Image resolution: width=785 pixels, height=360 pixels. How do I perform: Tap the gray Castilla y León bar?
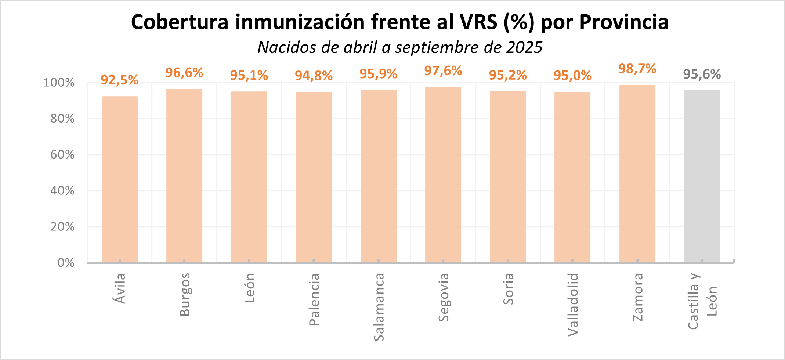702,176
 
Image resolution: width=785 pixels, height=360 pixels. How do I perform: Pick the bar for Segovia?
443,174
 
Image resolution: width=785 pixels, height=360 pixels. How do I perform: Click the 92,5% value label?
120,80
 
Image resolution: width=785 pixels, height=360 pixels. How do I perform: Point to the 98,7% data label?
637,69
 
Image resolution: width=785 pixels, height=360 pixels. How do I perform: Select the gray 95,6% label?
702,74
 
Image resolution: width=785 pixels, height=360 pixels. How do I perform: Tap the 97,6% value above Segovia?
443,71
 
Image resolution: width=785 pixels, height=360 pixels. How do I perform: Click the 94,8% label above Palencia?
314,76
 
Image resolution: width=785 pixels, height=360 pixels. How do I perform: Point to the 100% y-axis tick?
59,83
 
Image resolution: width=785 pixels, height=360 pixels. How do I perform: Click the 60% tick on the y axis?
62,154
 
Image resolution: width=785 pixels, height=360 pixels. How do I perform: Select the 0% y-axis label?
66,263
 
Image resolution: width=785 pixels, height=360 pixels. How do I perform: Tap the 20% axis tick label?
62,227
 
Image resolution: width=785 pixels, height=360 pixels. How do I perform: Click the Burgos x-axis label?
185,294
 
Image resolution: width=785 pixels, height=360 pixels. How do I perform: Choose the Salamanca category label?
379,307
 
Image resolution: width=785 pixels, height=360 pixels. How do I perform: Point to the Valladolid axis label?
573,305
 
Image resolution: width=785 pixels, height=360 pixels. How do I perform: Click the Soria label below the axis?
508,289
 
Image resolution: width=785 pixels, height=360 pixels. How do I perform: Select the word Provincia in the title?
624,22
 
